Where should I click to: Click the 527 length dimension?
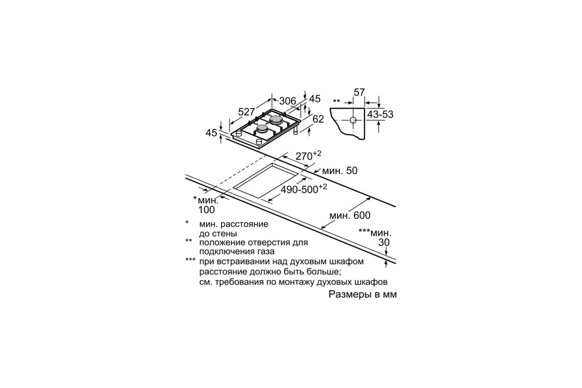tap(246, 112)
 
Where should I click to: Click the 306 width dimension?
tap(287, 101)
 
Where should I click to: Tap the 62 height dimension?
tap(318, 119)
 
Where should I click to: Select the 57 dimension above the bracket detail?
tap(359, 92)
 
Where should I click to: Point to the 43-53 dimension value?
tap(380, 114)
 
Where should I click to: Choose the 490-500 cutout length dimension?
tap(304, 189)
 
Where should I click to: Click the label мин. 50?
tap(340, 171)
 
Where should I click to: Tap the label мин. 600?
tap(350, 215)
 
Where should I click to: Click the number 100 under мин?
tap(207, 210)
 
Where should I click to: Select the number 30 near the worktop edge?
tap(384, 242)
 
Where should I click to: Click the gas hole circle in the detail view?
tap(353, 120)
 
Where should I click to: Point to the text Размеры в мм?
tap(362, 294)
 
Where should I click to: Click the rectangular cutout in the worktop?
tap(265, 181)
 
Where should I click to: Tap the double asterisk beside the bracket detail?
tap(337, 101)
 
